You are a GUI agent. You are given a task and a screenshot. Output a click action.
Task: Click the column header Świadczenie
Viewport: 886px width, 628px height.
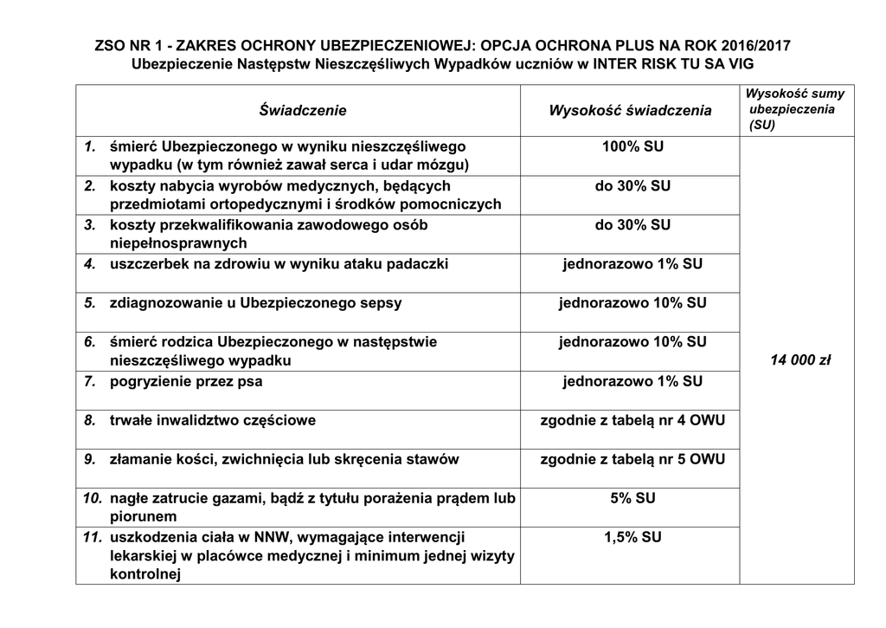(303, 110)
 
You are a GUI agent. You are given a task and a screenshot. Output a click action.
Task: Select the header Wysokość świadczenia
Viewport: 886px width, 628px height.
(630, 110)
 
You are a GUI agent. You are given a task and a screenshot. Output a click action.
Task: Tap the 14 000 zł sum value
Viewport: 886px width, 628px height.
(800, 359)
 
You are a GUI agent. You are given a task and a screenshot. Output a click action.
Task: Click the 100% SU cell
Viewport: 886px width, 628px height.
(632, 146)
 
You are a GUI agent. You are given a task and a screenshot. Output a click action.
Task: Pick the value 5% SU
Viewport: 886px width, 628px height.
(632, 497)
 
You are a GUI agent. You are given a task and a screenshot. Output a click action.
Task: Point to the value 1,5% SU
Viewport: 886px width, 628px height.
(632, 537)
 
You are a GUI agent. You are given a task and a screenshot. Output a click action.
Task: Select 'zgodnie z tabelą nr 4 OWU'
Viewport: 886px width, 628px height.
(632, 420)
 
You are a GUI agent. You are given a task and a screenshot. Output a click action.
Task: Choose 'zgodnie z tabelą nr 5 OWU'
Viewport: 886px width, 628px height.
(632, 459)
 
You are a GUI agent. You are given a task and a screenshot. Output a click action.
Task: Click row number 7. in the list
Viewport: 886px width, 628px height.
(90, 381)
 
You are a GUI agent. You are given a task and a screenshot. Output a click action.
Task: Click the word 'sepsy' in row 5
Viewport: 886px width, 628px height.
(383, 303)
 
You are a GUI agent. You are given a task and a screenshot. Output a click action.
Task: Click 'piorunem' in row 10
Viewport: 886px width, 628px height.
(143, 516)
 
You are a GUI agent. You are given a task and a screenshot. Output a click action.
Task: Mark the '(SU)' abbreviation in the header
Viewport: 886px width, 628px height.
(762, 125)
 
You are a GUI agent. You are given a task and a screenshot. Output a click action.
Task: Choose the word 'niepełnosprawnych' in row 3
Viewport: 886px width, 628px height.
(178, 243)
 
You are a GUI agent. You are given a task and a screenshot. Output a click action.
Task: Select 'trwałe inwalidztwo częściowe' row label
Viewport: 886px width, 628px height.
(213, 420)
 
